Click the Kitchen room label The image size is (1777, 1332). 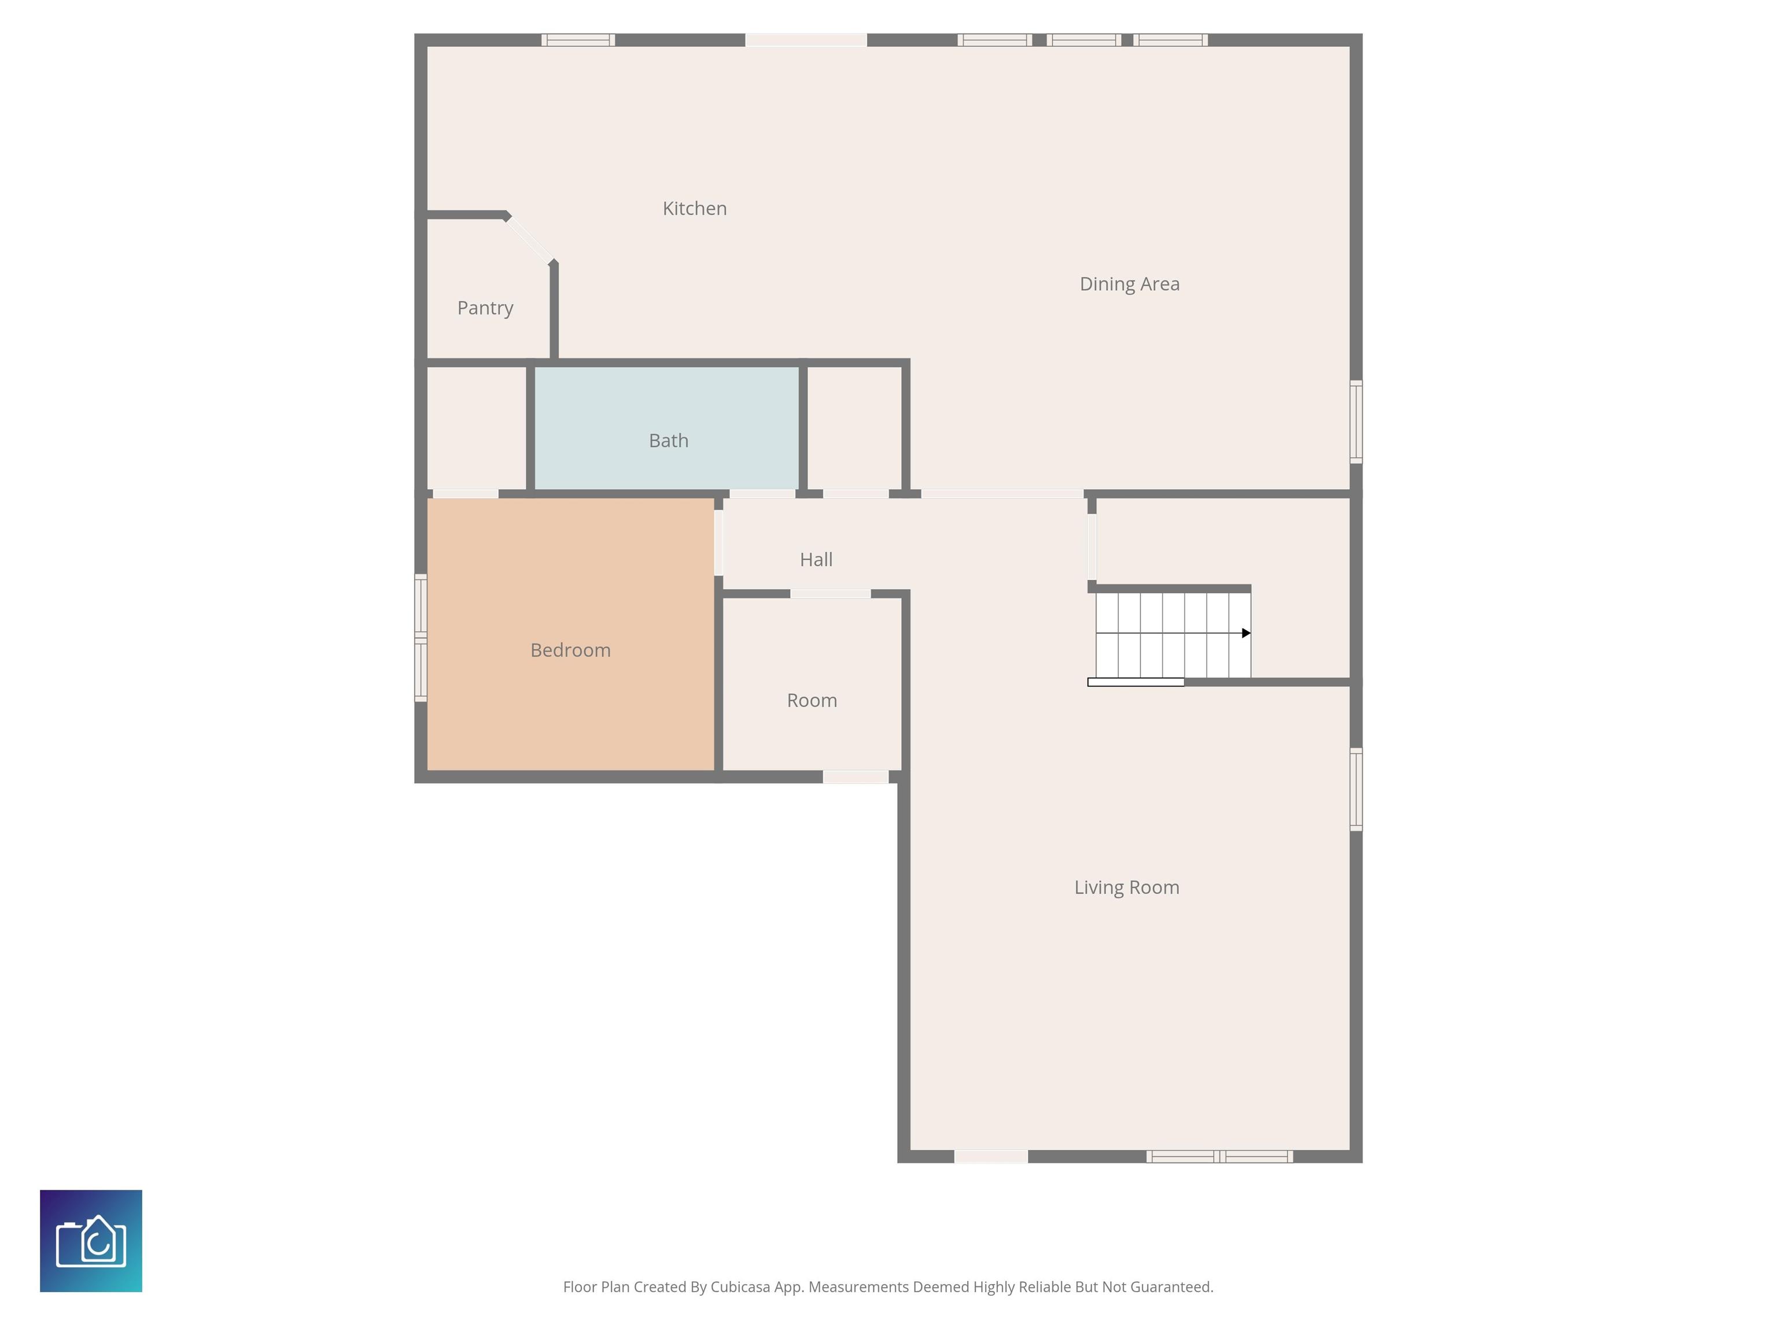click(x=694, y=209)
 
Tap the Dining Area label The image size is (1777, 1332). click(x=1130, y=284)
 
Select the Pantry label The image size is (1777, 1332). click(x=485, y=308)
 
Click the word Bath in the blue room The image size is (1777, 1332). click(x=668, y=440)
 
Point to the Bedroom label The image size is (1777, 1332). click(x=570, y=650)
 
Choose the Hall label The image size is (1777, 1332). click(x=816, y=560)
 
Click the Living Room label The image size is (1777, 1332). click(x=1127, y=887)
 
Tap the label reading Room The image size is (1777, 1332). click(x=812, y=700)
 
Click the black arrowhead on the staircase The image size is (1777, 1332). click(x=1246, y=634)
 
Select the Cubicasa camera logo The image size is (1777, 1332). click(x=91, y=1241)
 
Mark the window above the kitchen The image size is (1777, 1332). click(x=578, y=40)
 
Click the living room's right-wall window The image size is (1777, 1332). click(x=1356, y=789)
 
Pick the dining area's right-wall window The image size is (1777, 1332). click(x=1356, y=421)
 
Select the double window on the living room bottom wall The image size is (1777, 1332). click(x=1219, y=1156)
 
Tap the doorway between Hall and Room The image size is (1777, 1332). click(x=831, y=594)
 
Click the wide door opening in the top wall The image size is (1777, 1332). click(x=806, y=40)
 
